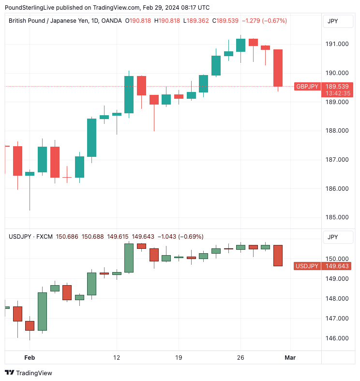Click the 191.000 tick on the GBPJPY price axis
pyautogui.click(x=337, y=44)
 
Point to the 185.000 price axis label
pyautogui.click(x=337, y=217)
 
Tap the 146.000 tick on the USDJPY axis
pyautogui.click(x=337, y=338)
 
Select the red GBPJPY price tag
pyautogui.click(x=307, y=87)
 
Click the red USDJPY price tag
pyautogui.click(x=307, y=266)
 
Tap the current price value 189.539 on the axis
pyautogui.click(x=337, y=87)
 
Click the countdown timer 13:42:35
pyautogui.click(x=337, y=93)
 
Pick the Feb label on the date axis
pyautogui.click(x=30, y=358)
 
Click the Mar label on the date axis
pyautogui.click(x=290, y=358)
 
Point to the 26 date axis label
pyautogui.click(x=240, y=358)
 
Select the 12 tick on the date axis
pyautogui.click(x=116, y=358)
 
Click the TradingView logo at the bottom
pyautogui.click(x=29, y=373)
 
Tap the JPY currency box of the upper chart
pyautogui.click(x=333, y=21)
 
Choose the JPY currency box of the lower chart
pyautogui.click(x=333, y=237)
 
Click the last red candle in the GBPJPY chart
pyautogui.click(x=278, y=68)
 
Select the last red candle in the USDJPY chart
pyautogui.click(x=278, y=255)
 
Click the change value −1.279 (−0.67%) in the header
pyautogui.click(x=264, y=21)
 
